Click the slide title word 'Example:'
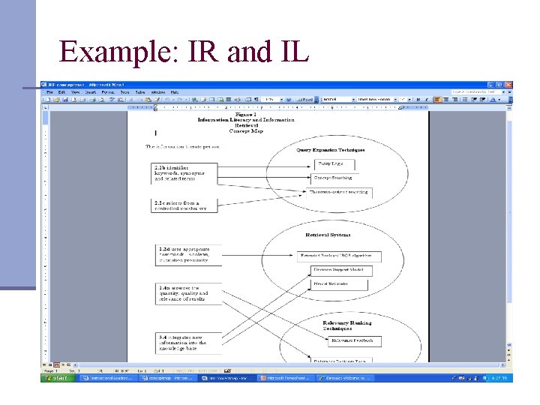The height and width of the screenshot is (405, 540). (x=112, y=52)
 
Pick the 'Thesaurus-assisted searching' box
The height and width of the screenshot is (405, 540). (x=341, y=192)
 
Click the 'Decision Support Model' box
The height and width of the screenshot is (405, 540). (x=337, y=269)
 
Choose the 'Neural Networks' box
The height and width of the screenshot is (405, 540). (x=337, y=284)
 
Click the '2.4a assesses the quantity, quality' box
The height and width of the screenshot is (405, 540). (x=189, y=294)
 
